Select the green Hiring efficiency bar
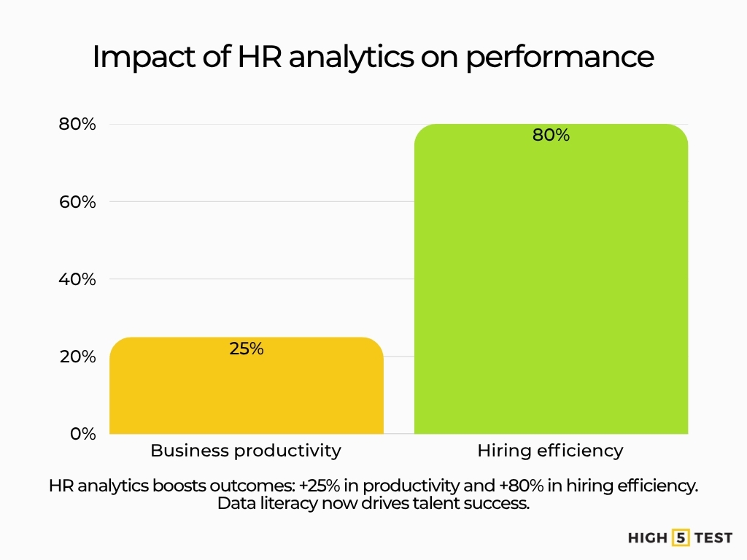551,292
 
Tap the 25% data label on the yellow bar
246,349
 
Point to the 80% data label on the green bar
551,135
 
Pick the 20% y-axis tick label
77,357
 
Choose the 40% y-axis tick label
77,279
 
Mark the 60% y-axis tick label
77,202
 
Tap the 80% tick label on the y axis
77,125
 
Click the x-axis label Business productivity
246,451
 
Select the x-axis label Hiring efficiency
551,451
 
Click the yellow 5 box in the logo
681,538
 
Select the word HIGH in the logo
648,538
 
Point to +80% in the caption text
533,486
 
